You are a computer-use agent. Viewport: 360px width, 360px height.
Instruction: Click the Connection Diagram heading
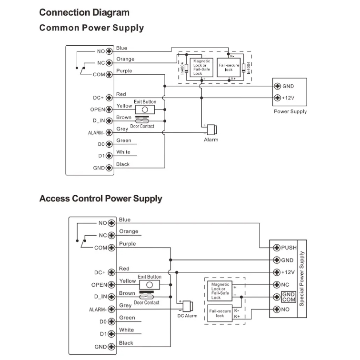click(x=84, y=12)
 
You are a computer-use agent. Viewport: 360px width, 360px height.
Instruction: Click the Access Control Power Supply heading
click(x=100, y=199)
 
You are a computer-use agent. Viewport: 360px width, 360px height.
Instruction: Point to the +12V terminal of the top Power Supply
click(x=278, y=98)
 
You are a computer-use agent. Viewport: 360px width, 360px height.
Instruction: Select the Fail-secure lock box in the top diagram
click(x=229, y=67)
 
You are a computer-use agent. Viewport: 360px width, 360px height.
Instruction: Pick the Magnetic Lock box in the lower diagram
click(x=220, y=291)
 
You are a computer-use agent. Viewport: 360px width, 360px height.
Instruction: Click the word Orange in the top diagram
click(x=125, y=60)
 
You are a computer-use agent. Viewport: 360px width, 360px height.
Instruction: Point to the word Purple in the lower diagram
click(x=128, y=244)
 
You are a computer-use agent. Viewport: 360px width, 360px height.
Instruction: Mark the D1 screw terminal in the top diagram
click(x=109, y=156)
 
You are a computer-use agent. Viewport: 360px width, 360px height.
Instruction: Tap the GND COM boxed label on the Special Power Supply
click(x=289, y=297)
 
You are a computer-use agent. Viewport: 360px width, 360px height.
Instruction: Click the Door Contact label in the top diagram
click(x=142, y=126)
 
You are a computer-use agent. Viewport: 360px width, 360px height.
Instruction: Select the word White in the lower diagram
click(x=127, y=330)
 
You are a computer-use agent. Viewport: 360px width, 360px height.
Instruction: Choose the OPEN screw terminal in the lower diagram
click(x=112, y=285)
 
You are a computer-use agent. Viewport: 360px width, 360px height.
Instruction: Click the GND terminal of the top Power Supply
click(x=278, y=86)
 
